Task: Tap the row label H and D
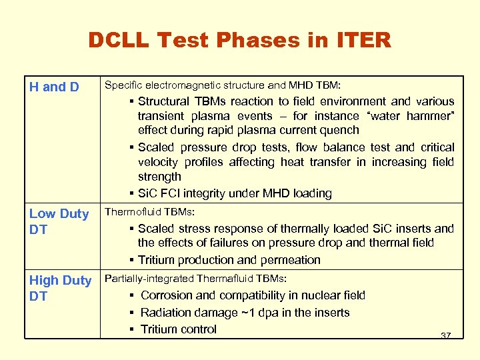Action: (x=54, y=87)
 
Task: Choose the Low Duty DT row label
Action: (x=59, y=221)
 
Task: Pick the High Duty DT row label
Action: (x=60, y=288)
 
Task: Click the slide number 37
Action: (x=446, y=335)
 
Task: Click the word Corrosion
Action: (x=167, y=295)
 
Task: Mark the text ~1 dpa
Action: (x=258, y=313)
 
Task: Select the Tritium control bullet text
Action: (x=179, y=329)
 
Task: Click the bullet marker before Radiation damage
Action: (x=133, y=313)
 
